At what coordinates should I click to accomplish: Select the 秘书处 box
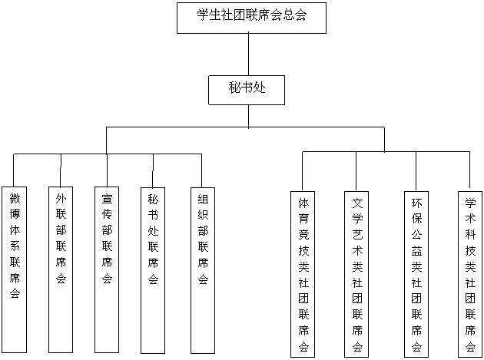tap(247, 89)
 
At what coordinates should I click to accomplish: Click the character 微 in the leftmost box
tap(15, 198)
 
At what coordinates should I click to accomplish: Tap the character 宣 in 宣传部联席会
tap(108, 197)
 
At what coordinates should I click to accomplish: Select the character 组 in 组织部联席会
tap(203, 197)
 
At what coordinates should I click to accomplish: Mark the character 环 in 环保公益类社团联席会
tap(416, 203)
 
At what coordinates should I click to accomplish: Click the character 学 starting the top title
tap(203, 15)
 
